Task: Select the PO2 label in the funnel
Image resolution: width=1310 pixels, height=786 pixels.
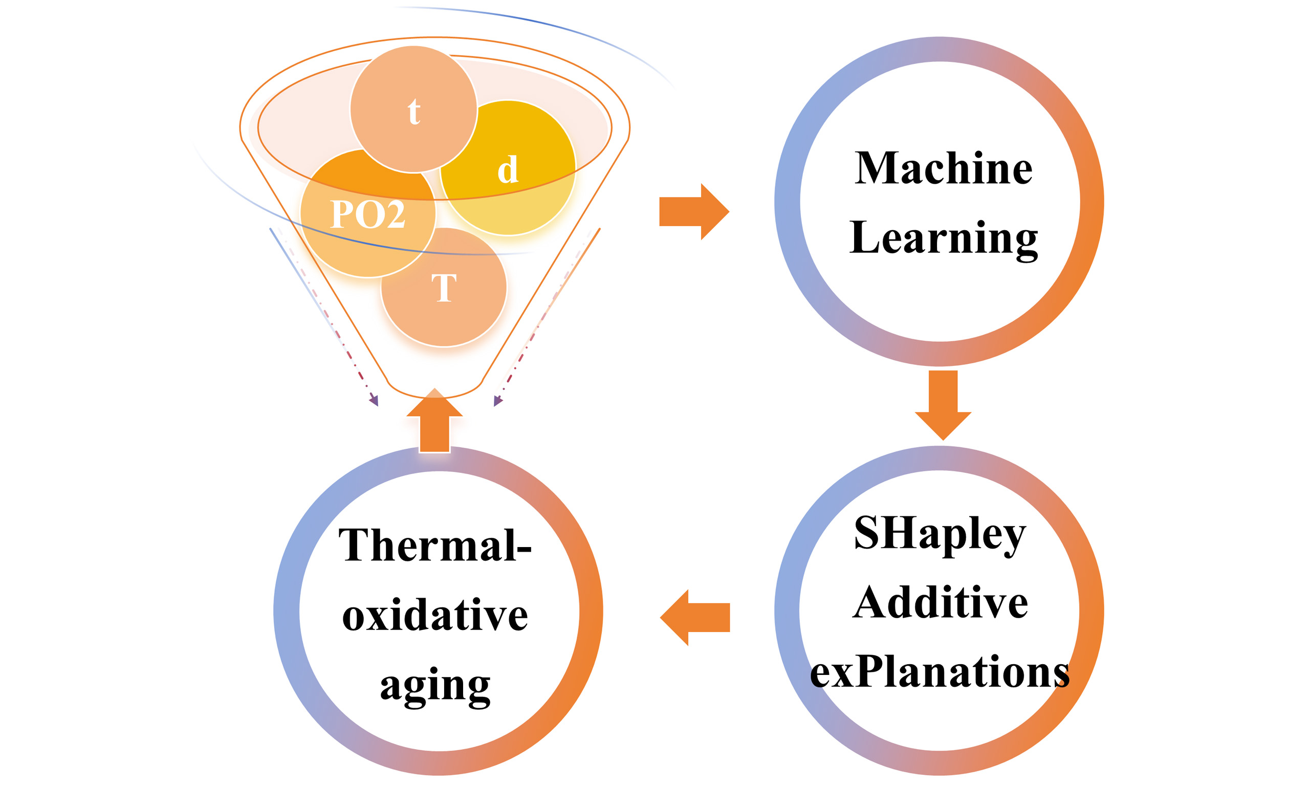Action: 367,214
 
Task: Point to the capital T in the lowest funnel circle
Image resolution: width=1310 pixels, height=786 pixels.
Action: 444,288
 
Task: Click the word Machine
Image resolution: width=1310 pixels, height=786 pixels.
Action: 944,168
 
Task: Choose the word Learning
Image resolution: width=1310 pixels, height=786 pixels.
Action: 944,238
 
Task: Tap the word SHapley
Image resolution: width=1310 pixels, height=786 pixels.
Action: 940,534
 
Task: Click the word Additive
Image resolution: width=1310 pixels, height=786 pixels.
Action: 940,603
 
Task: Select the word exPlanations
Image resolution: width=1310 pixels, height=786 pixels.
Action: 940,671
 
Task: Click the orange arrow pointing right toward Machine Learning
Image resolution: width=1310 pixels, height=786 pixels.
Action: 694,212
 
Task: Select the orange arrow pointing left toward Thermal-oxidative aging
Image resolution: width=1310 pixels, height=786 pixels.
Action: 695,618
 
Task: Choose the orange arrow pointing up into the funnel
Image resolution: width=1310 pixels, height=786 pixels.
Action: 435,422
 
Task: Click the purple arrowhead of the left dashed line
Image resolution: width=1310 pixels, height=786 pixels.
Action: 375,400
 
